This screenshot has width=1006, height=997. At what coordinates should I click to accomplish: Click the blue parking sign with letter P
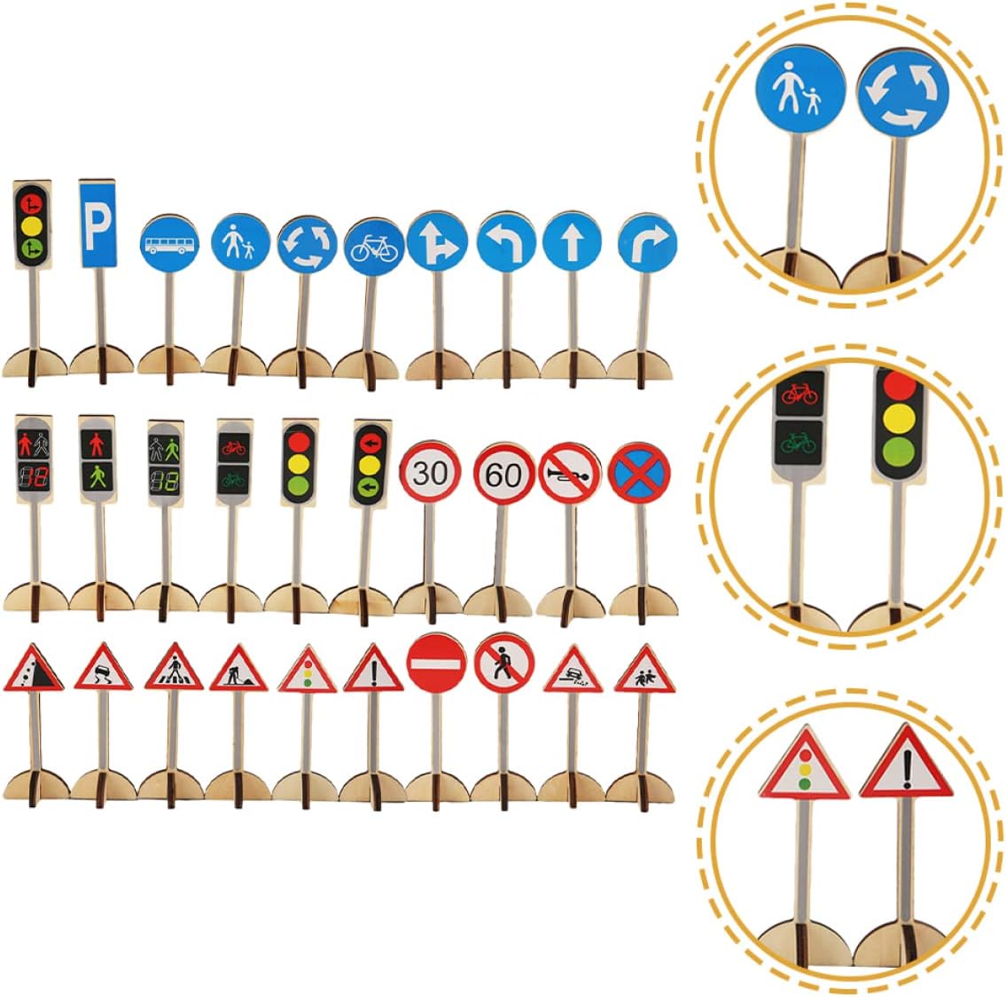click(97, 224)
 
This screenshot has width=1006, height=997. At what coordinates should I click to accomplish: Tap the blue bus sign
click(169, 244)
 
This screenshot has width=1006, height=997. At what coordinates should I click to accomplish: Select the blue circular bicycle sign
click(374, 247)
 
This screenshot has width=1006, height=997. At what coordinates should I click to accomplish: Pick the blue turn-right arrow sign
click(647, 243)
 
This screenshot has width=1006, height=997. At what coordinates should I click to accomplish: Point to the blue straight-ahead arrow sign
click(572, 241)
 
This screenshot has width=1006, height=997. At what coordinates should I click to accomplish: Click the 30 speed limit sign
click(430, 473)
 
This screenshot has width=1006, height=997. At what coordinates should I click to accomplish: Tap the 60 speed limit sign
click(503, 475)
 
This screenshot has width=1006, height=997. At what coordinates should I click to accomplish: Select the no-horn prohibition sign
click(570, 474)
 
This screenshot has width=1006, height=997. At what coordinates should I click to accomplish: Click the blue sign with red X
click(639, 473)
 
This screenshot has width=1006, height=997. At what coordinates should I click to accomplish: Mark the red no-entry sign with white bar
click(436, 663)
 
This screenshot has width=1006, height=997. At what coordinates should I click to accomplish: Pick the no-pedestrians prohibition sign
click(504, 663)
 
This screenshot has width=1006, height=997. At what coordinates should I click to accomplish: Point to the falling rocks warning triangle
click(34, 671)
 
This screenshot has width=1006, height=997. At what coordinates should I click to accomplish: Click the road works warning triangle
click(238, 671)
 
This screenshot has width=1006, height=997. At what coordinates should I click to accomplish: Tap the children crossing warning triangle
click(644, 671)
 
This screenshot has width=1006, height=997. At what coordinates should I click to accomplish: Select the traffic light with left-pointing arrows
click(370, 464)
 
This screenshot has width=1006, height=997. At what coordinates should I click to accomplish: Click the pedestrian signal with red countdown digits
click(34, 459)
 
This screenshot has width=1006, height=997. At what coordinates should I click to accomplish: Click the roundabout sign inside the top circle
click(902, 93)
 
